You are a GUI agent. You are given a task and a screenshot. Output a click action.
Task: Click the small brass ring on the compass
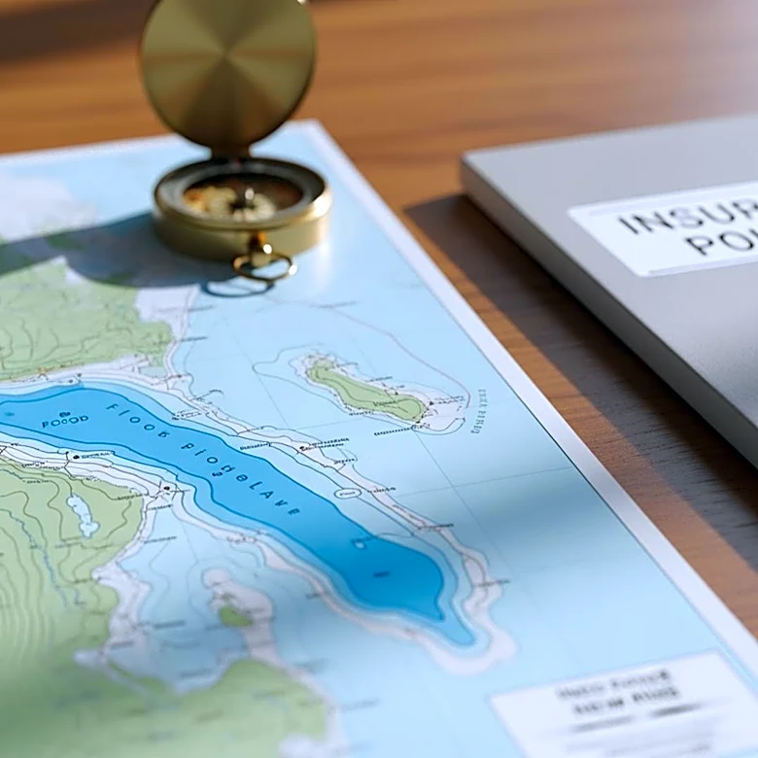tap(262, 263)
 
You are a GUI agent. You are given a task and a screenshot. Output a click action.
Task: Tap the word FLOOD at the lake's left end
tap(64, 420)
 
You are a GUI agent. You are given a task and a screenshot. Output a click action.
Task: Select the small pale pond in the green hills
tap(82, 515)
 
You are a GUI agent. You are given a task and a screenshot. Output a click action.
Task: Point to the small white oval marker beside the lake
tap(348, 493)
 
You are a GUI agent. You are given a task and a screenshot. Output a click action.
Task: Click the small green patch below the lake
tap(233, 616)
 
